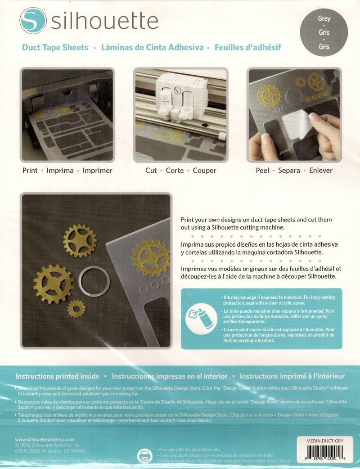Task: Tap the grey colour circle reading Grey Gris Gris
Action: tap(324, 32)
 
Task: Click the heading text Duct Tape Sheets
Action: tap(55, 47)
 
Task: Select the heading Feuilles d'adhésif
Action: tap(248, 47)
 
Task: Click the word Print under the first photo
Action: tap(30, 171)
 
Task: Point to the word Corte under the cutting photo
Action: tap(175, 171)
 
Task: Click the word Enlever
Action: tap(320, 171)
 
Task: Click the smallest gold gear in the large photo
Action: tap(76, 308)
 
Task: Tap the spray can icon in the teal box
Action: tap(198, 318)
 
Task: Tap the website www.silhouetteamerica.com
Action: tap(45, 439)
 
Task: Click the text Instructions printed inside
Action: tap(58, 376)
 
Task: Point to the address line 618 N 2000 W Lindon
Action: tap(50, 451)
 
